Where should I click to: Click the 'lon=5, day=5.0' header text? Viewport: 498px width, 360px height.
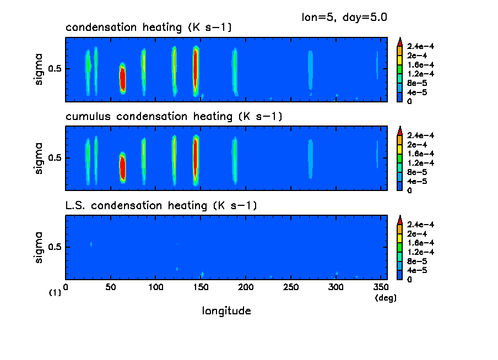[x=344, y=17]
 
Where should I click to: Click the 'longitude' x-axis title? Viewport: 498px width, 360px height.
[x=226, y=311]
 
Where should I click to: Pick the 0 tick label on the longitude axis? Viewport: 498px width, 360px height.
[x=66, y=287]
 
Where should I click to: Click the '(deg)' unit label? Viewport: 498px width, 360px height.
[x=385, y=298]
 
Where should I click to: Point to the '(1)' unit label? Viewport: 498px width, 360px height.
[x=55, y=293]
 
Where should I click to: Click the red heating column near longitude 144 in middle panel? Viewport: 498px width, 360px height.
[x=196, y=157]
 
